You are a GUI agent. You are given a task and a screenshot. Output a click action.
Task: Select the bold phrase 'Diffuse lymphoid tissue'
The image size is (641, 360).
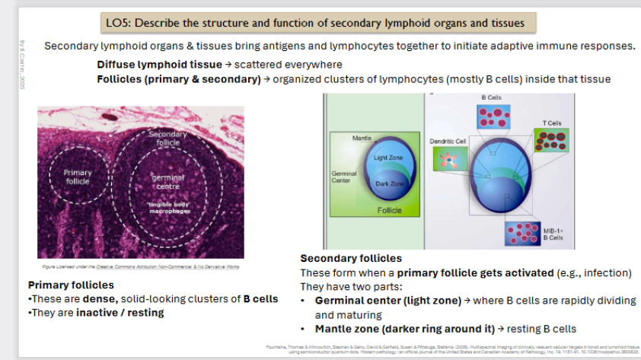(159, 65)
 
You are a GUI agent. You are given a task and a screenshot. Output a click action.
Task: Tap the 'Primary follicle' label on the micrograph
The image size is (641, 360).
(77, 177)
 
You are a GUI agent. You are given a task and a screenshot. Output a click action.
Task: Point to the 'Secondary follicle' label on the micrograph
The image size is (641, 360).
(167, 139)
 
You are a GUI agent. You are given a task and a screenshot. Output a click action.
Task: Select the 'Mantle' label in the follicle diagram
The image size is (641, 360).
(362, 139)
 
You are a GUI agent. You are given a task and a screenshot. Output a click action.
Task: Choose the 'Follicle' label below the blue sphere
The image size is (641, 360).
(389, 210)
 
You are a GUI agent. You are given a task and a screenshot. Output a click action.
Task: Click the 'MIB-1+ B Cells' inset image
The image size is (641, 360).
(523, 232)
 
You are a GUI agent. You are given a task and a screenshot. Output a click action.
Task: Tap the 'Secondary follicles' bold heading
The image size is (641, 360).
(351, 259)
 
